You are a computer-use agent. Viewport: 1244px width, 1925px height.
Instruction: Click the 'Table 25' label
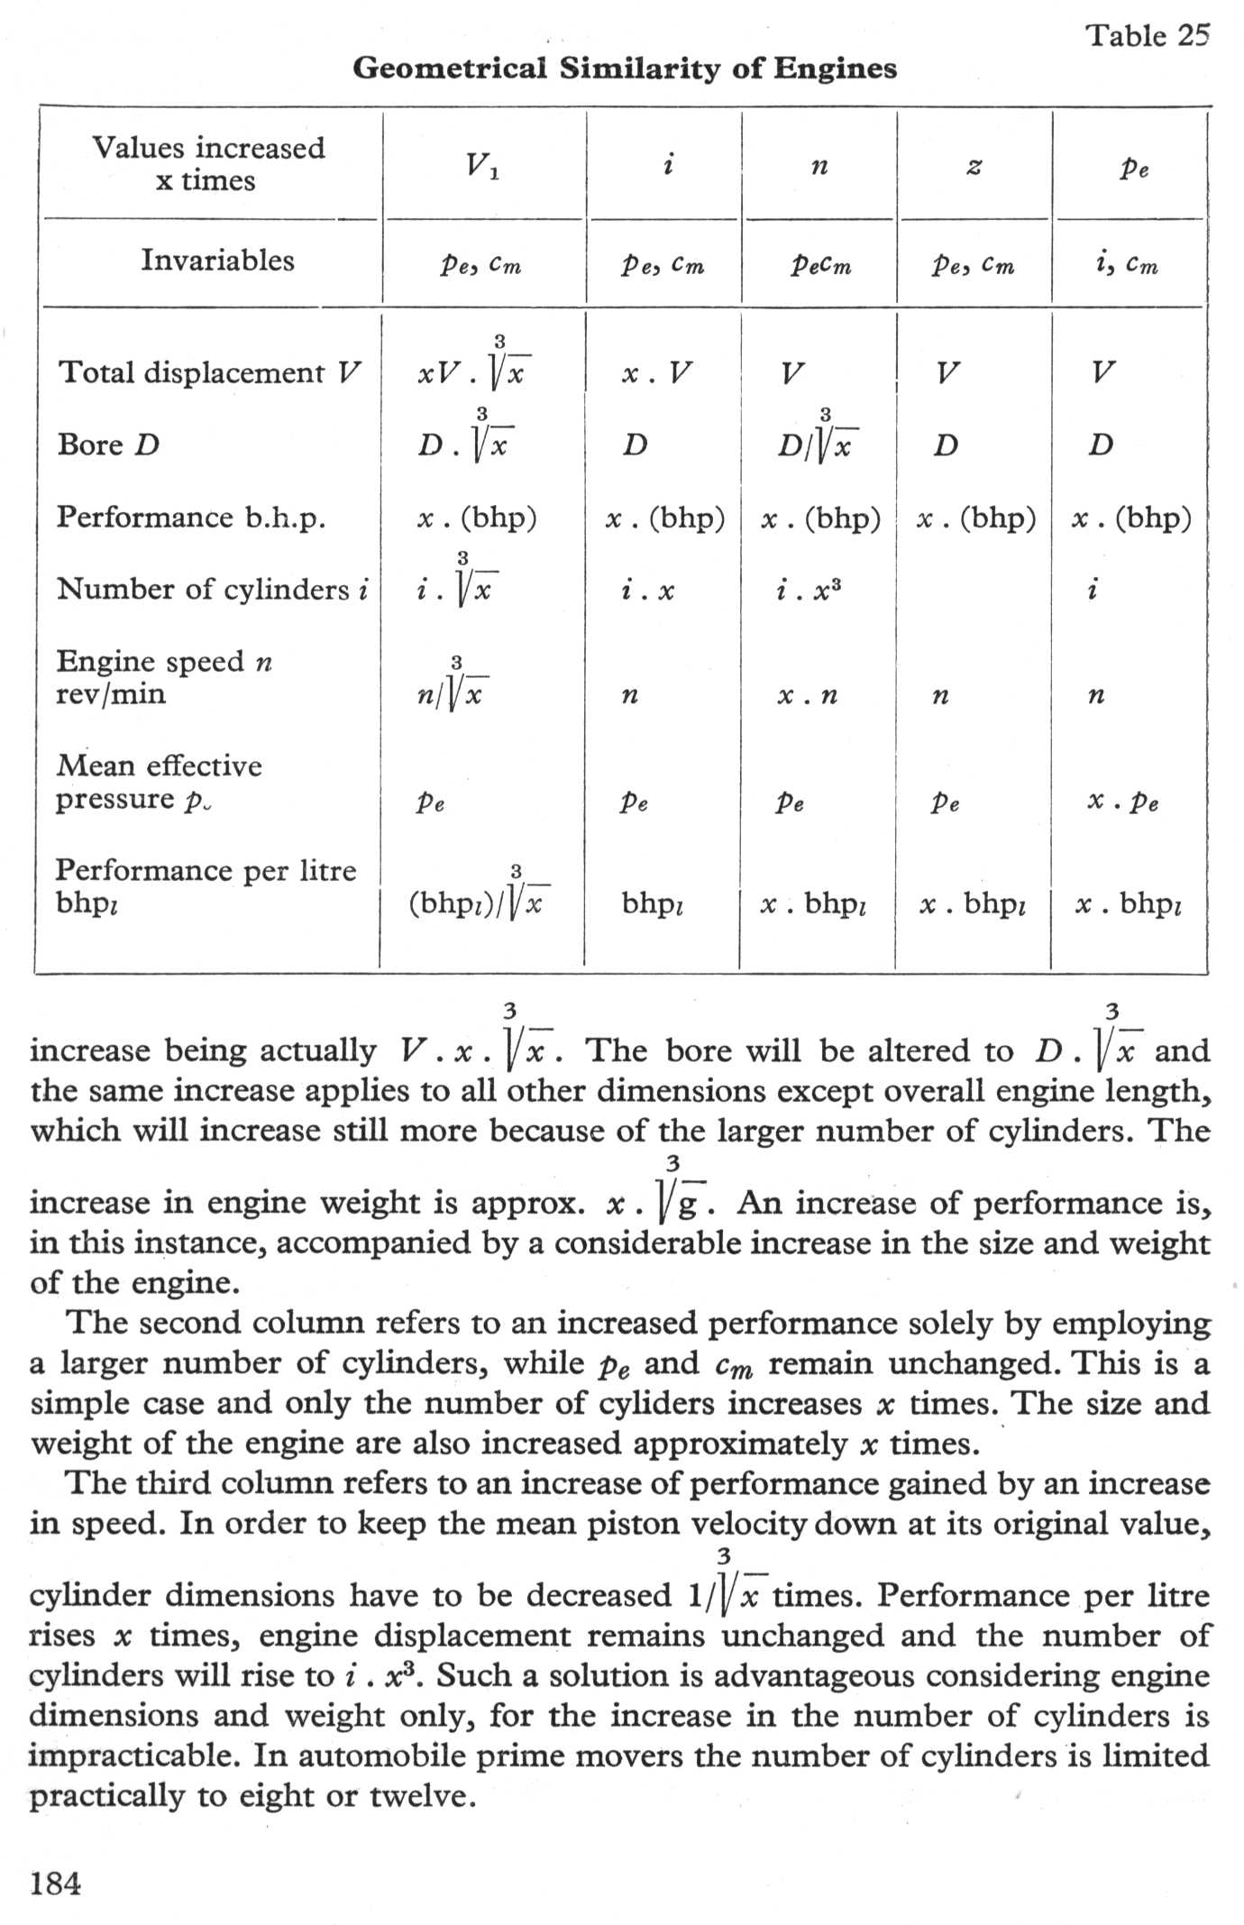(x=1146, y=36)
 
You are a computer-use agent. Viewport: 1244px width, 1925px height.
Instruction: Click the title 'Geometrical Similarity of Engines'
(x=624, y=69)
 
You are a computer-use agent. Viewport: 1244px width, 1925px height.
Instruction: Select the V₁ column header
(x=482, y=165)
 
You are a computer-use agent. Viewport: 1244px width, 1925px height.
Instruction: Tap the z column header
(x=974, y=167)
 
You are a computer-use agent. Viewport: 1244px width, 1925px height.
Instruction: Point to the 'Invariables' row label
(x=217, y=261)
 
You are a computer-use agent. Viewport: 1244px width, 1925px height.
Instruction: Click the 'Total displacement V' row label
(x=209, y=372)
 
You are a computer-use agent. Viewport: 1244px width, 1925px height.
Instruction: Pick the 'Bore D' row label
(x=108, y=445)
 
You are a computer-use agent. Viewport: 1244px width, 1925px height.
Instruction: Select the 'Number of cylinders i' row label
(x=213, y=590)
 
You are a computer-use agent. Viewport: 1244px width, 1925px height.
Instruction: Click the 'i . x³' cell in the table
(x=808, y=591)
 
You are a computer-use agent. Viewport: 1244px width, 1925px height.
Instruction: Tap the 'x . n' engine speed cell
(x=808, y=696)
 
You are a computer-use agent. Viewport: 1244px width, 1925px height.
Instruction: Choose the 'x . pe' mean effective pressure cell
(x=1123, y=802)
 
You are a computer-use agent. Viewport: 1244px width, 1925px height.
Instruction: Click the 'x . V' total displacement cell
(x=656, y=373)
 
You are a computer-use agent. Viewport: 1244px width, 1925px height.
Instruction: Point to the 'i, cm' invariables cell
(x=1123, y=264)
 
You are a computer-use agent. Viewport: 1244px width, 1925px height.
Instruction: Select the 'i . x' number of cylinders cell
(x=647, y=591)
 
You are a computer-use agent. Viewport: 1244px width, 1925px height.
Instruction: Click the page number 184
(x=56, y=1884)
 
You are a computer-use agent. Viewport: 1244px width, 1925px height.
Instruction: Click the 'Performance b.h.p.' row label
(x=191, y=518)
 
